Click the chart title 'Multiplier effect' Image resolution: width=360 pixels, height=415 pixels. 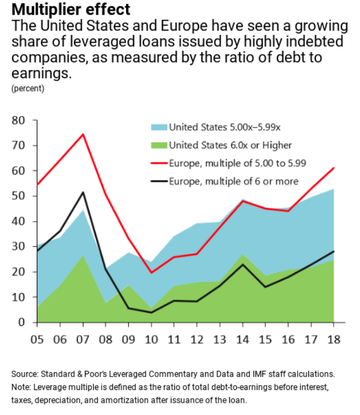coord(66,9)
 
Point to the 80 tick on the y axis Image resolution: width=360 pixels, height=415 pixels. coord(24,120)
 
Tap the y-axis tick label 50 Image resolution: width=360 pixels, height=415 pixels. coord(24,196)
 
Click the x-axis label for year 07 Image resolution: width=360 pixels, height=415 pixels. coord(83,339)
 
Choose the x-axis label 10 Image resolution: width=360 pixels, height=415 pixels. coord(152,339)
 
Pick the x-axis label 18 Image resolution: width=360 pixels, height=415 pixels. coord(334,339)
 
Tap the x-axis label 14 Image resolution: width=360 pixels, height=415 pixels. coord(243,339)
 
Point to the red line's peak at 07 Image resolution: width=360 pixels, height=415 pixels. coord(83,134)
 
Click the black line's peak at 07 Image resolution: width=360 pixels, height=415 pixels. coord(83,192)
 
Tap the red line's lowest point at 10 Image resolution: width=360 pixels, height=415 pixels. coord(152,272)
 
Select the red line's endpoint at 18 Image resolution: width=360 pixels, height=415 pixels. coord(334,168)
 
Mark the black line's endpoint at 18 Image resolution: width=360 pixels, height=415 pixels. coord(334,251)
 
